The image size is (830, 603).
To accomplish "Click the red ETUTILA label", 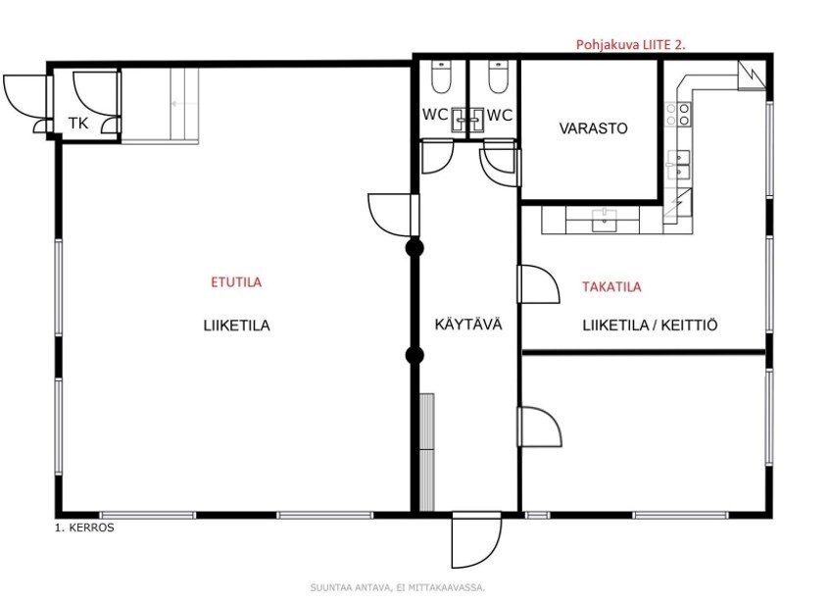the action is click(x=236, y=282).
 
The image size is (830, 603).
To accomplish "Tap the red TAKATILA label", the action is click(x=611, y=287).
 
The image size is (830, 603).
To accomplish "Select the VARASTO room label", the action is click(x=594, y=128).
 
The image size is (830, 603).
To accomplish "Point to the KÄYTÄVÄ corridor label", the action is click(x=468, y=324).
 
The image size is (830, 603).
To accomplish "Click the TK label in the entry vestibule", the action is click(x=78, y=124).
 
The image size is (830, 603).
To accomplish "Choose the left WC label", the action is click(x=434, y=115).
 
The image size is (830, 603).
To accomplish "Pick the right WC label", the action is click(x=499, y=115).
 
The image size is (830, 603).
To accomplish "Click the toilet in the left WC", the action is click(x=440, y=76).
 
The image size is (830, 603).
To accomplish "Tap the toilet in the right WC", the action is click(x=498, y=76).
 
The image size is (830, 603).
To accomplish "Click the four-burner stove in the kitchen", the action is click(x=678, y=115).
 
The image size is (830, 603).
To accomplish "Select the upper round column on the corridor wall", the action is click(x=415, y=248).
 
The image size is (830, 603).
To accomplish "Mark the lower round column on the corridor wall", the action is click(x=415, y=355).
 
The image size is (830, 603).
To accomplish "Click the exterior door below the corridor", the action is click(x=476, y=539).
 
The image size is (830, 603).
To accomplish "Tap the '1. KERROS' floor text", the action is click(x=84, y=528).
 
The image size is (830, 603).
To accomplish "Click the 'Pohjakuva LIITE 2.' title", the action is click(x=630, y=45).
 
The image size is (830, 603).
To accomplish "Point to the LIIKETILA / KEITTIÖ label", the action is click(x=650, y=326).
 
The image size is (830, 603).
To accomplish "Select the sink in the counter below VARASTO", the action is click(x=604, y=220).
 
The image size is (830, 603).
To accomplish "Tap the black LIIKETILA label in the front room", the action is click(x=236, y=326).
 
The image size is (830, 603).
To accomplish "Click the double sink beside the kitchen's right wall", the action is click(x=678, y=165).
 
